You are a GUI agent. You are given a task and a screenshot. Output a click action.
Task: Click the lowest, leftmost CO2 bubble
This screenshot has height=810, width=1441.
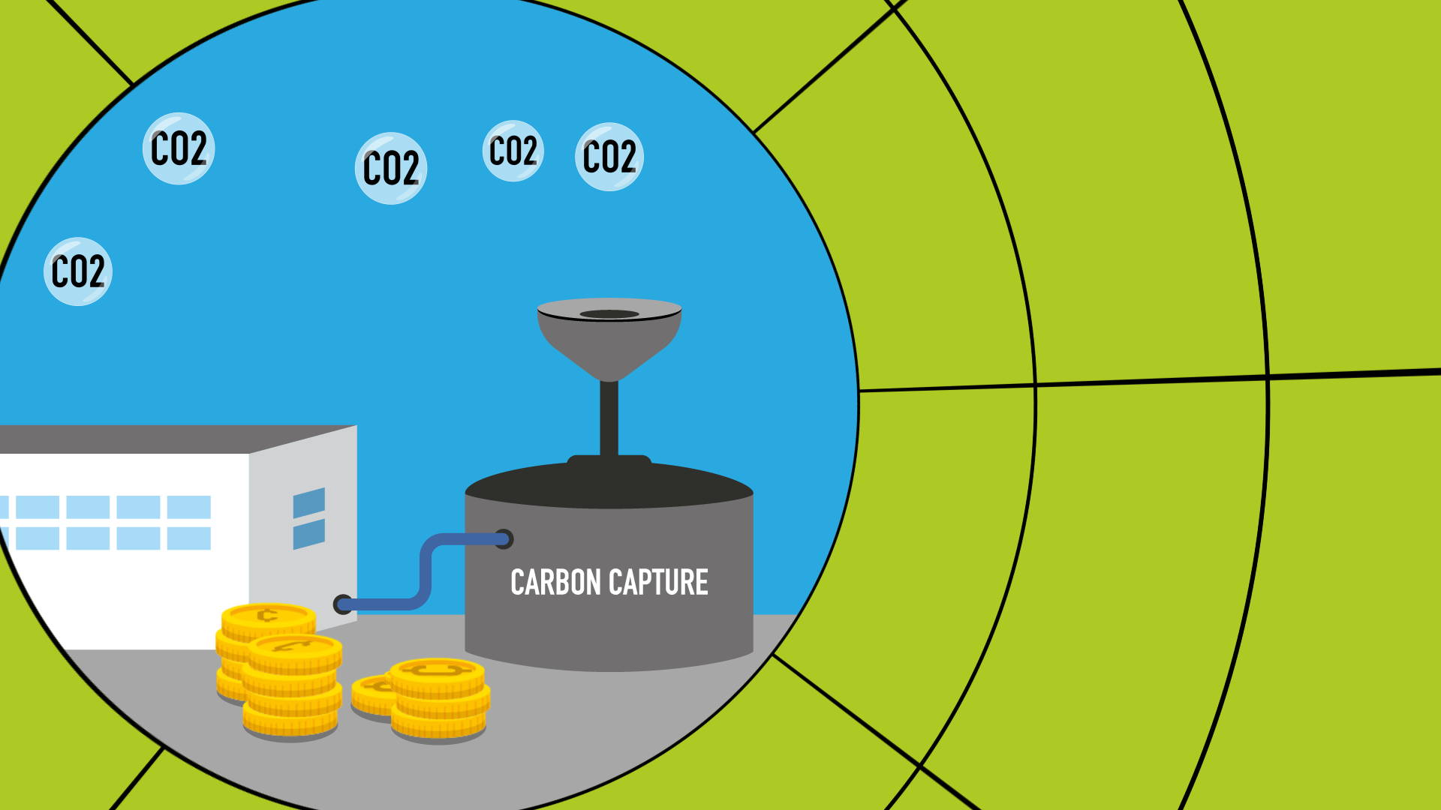78,271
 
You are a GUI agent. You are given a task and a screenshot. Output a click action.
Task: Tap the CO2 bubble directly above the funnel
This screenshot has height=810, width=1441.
609,157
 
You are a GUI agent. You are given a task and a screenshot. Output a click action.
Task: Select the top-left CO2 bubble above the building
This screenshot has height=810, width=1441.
179,148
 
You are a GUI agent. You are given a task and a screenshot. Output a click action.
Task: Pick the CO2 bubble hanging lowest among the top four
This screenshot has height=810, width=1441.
391,168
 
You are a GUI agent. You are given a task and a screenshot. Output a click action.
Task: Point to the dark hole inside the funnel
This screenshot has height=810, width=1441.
609,314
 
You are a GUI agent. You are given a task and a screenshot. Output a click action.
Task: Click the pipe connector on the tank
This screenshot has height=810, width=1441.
504,538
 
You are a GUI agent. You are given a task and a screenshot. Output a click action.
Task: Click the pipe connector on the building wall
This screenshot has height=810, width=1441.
342,604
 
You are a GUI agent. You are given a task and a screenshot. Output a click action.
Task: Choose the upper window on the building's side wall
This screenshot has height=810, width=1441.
309,502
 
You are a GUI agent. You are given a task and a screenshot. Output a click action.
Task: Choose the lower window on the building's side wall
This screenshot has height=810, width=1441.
309,534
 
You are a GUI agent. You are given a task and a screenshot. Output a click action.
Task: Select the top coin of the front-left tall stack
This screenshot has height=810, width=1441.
294,646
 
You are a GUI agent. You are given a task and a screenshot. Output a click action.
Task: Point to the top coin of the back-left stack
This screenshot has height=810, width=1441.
268,616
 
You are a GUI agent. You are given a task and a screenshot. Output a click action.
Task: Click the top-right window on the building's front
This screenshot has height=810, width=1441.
189,507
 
